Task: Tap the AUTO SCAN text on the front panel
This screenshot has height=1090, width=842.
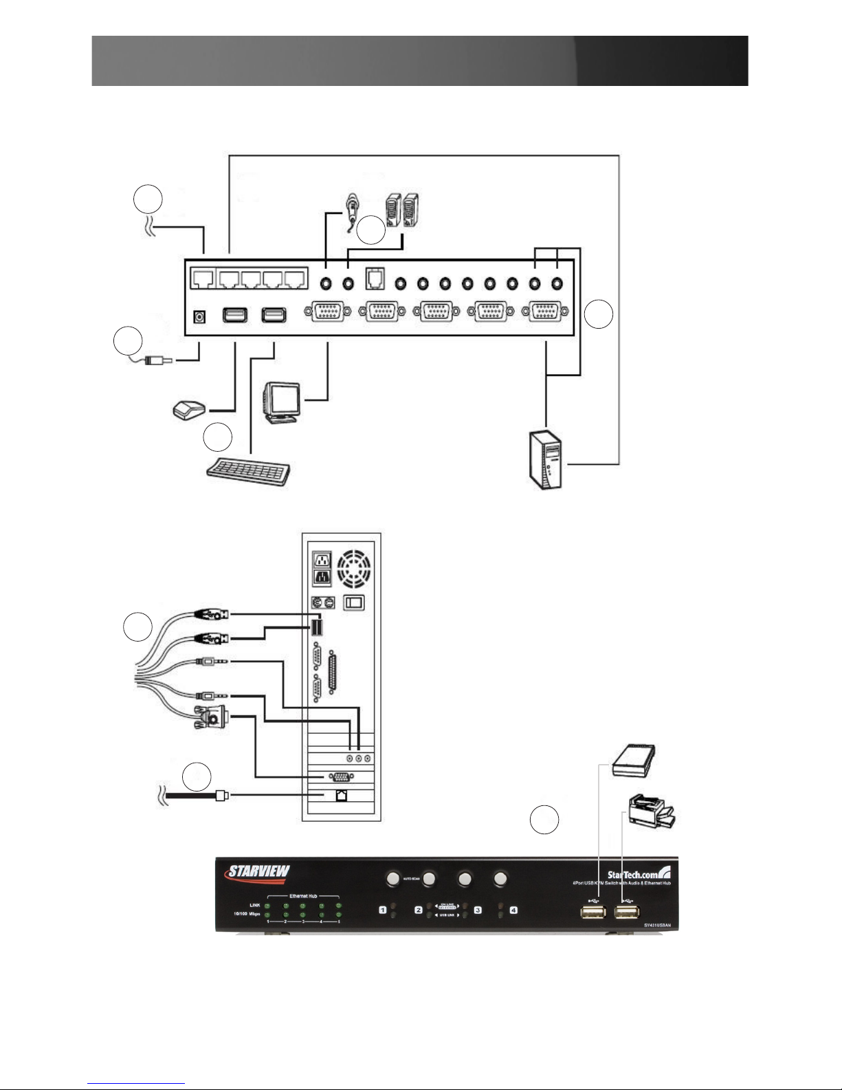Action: click(x=411, y=879)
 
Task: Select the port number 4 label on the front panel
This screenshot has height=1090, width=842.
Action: click(x=513, y=911)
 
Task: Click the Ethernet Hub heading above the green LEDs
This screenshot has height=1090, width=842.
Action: click(x=302, y=896)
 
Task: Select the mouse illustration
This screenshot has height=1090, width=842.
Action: click(x=189, y=411)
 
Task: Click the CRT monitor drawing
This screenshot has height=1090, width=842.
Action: click(x=282, y=402)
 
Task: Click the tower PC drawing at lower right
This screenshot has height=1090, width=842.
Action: click(x=542, y=459)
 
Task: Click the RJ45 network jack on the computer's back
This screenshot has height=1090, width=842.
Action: click(x=341, y=796)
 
